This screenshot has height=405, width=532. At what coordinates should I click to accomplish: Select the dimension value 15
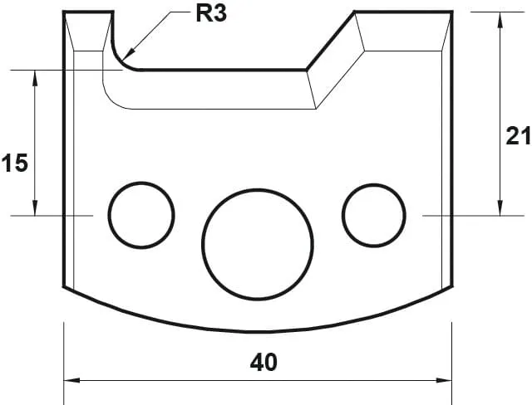(x=14, y=163)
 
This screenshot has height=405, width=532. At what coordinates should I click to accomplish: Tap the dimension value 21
(x=517, y=137)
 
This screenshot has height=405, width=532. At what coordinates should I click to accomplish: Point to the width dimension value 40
(x=263, y=363)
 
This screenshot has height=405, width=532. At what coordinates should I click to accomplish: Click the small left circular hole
(x=142, y=213)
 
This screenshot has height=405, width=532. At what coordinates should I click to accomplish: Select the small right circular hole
(x=373, y=213)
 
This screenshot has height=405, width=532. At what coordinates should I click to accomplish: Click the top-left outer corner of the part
(x=65, y=12)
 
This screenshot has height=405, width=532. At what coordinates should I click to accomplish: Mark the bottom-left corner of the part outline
(x=65, y=287)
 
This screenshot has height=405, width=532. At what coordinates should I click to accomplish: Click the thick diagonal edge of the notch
(x=331, y=41)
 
